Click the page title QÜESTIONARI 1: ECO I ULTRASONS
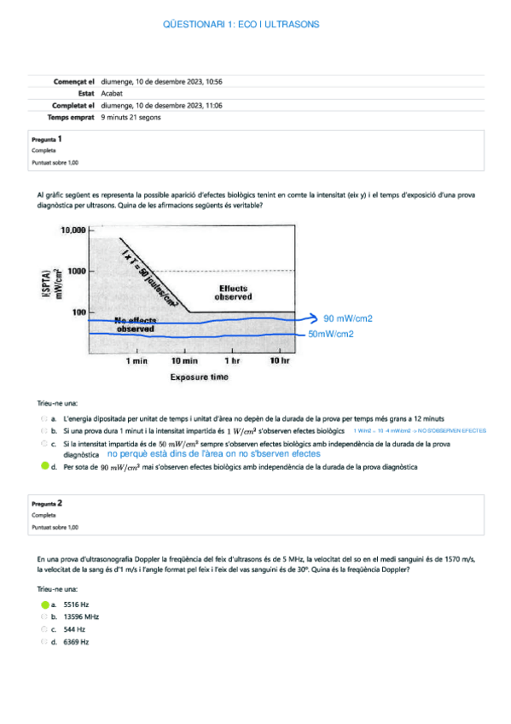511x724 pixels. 241,25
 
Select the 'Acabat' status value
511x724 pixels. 111,93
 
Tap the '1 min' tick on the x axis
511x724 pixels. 136,361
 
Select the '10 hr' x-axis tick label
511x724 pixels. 280,361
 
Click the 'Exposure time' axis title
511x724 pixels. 199,376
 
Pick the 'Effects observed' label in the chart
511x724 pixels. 235,293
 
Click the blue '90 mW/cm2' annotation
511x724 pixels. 348,318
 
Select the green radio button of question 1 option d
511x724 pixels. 44,467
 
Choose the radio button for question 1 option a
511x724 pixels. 44,418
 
